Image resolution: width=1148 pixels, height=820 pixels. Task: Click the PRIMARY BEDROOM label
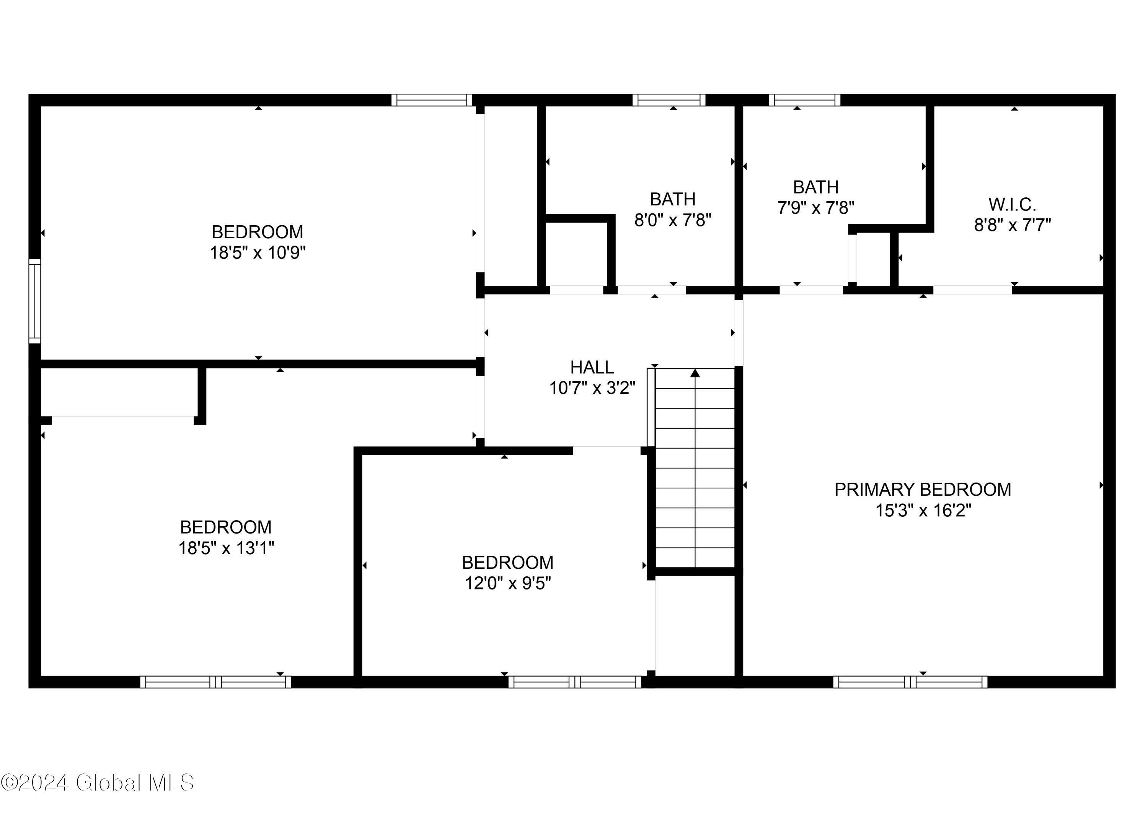[x=922, y=489]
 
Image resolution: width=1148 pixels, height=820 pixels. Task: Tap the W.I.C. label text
[x=1012, y=205]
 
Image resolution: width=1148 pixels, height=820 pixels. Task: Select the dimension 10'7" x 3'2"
[x=592, y=388]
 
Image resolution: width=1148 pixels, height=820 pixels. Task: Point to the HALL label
[x=592, y=367]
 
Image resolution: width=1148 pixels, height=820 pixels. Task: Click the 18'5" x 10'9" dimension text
[x=258, y=252]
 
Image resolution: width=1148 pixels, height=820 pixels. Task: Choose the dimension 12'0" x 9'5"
[x=507, y=583]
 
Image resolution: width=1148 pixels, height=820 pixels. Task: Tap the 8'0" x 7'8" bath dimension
[x=673, y=220]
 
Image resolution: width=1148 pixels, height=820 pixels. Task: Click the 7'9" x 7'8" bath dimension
[x=816, y=208]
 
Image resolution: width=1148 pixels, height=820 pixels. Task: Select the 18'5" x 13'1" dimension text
[x=226, y=548]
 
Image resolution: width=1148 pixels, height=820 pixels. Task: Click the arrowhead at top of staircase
[x=695, y=373]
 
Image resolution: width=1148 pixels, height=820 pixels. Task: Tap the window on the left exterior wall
[x=34, y=301]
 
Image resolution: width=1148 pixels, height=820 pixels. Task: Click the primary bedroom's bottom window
[x=910, y=682]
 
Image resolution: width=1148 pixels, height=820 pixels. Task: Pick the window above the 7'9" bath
[x=805, y=100]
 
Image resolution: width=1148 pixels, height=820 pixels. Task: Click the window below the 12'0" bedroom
[x=575, y=682]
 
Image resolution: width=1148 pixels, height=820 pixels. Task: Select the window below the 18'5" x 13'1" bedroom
[x=216, y=682]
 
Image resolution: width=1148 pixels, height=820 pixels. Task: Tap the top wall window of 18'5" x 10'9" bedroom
[x=431, y=100]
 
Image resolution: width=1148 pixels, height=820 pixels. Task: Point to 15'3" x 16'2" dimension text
[x=923, y=511]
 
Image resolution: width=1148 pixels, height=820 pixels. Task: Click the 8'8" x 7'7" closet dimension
[x=1012, y=225]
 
